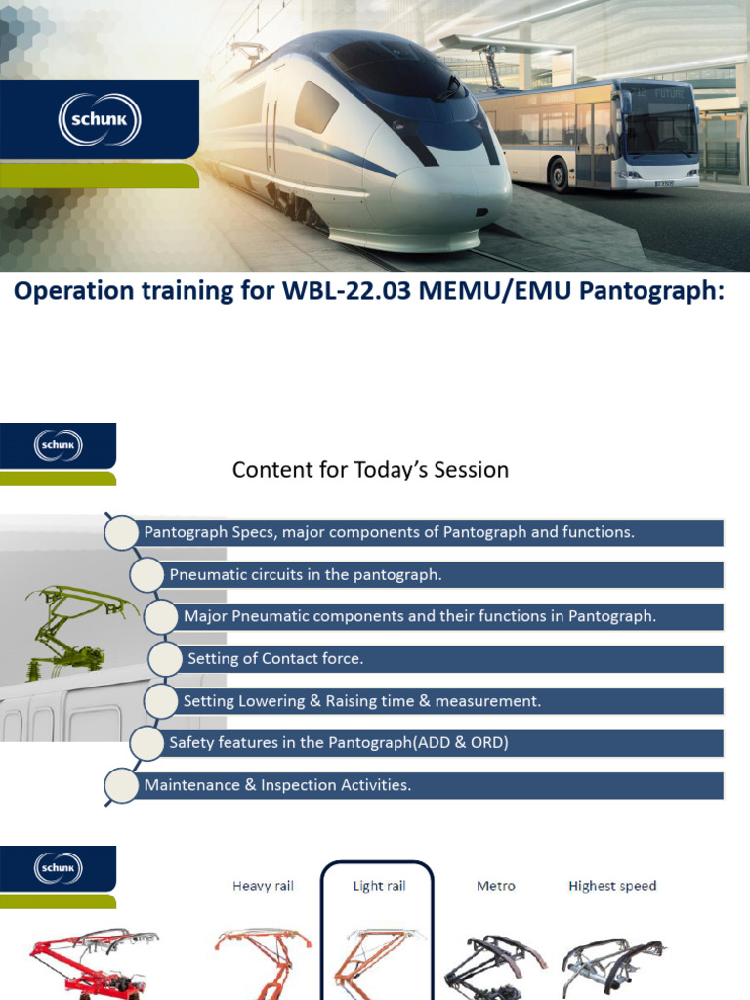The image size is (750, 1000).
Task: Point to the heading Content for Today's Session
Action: click(370, 470)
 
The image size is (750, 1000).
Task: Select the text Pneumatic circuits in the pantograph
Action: click(306, 574)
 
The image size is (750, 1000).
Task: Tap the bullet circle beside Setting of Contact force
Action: click(166, 658)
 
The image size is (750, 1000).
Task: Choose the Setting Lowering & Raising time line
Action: click(361, 700)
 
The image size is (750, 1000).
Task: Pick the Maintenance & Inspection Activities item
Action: click(277, 785)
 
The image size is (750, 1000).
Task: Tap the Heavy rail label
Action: click(263, 886)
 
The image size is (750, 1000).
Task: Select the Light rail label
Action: click(379, 886)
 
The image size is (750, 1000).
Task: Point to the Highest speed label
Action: click(612, 886)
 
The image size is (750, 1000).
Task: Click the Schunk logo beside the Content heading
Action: click(60, 446)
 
